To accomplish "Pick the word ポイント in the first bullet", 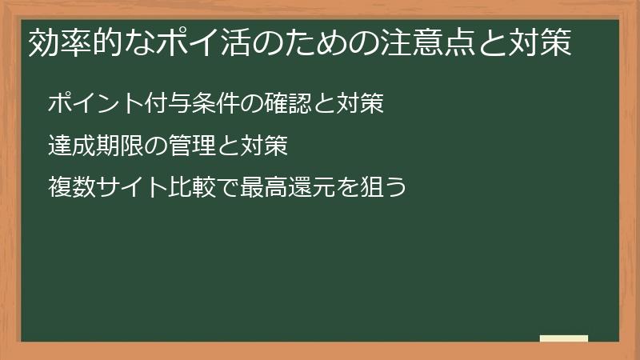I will pyautogui.click(x=96, y=104).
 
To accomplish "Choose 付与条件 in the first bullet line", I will pyautogui.click(x=192, y=104).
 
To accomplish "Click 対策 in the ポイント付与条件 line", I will pyautogui.click(x=361, y=104).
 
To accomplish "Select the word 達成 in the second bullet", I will pyautogui.click(x=72, y=146).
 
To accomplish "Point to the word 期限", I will pyautogui.click(x=120, y=146).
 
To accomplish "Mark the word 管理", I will pyautogui.click(x=192, y=146).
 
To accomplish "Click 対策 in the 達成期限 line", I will pyautogui.click(x=264, y=146).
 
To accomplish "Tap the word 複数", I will pyautogui.click(x=72, y=189).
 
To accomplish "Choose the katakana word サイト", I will pyautogui.click(x=132, y=189).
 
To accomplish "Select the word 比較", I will pyautogui.click(x=192, y=189).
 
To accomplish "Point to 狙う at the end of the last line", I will pyautogui.click(x=384, y=189).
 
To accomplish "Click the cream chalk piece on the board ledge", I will pyautogui.click(x=564, y=338).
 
